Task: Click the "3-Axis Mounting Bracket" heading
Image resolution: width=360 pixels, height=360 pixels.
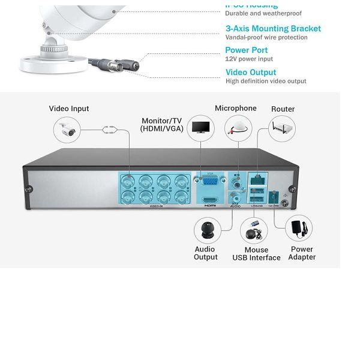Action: (273, 28)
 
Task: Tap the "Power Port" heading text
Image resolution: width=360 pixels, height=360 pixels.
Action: (247, 50)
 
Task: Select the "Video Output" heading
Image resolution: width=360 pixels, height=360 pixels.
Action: (251, 73)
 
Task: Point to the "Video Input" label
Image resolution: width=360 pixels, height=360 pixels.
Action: (69, 109)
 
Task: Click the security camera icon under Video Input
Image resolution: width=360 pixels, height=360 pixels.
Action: (67, 129)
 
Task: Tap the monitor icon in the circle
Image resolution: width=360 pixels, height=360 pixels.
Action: (201, 128)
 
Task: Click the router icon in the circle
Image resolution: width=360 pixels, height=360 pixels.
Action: (282, 128)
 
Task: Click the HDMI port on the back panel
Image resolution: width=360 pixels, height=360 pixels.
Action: (211, 200)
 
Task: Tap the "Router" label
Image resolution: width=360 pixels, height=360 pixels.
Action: (283, 109)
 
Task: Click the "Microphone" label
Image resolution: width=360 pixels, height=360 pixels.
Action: (236, 108)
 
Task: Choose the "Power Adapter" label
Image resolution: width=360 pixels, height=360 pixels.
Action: (302, 253)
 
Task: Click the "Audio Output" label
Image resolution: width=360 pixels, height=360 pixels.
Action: (206, 253)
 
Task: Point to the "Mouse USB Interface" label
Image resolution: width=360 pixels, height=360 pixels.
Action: (256, 254)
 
